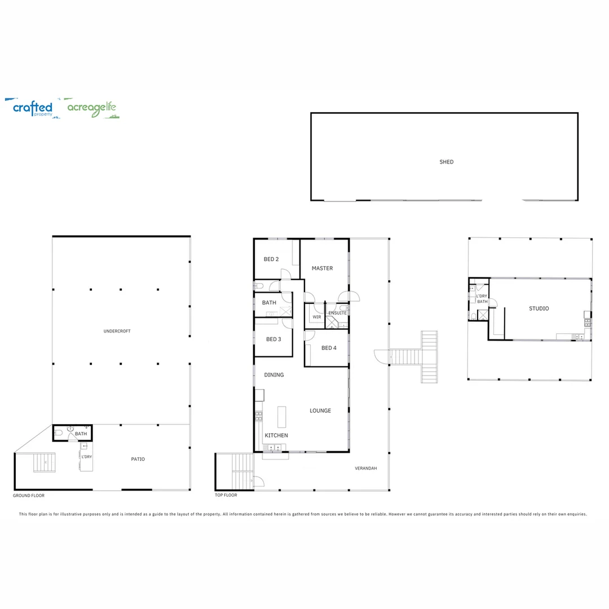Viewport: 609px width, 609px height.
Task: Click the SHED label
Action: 446,162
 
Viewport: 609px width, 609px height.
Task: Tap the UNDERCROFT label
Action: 117,331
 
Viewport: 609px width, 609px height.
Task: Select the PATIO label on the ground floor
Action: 138,459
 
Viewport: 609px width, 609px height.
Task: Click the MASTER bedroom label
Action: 322,268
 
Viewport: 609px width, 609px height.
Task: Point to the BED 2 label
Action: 271,259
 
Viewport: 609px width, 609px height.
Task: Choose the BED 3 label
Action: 273,339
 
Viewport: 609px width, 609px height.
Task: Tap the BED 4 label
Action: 329,348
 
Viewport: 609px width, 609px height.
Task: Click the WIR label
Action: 316,317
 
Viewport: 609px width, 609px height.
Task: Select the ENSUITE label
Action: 337,313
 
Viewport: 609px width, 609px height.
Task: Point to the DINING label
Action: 273,375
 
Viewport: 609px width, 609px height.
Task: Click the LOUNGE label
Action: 320,411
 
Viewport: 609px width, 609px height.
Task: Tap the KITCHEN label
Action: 276,435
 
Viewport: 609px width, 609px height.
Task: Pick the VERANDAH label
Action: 365,469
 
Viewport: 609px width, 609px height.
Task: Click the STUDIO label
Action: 539,308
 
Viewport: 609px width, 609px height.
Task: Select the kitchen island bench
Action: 281,417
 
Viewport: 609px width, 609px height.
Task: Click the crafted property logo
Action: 33,108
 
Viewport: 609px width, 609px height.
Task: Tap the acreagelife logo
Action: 92,108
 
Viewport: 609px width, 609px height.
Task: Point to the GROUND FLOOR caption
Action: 28,496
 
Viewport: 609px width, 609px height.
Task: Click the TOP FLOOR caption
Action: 226,495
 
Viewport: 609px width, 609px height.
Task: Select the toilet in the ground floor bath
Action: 59,434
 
